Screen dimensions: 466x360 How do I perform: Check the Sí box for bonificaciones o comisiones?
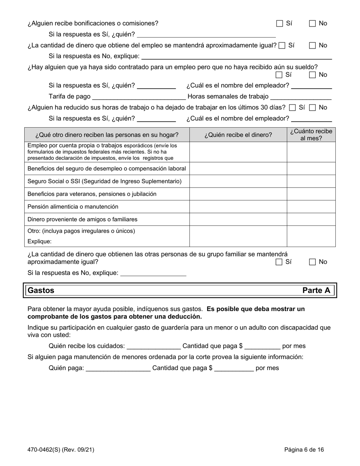(279, 23)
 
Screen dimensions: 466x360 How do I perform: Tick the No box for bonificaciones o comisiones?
(313, 23)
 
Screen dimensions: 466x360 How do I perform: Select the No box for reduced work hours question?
(313, 108)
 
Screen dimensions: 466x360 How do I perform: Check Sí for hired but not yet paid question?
(279, 75)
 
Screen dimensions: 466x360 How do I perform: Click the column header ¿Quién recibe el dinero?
(238, 135)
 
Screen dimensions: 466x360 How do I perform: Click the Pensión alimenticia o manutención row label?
(73, 207)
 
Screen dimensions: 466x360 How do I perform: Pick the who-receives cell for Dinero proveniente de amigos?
(238, 220)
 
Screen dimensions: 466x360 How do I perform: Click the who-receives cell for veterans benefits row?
(238, 194)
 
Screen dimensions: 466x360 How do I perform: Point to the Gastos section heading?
(41, 291)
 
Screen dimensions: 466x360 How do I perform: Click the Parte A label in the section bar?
(316, 291)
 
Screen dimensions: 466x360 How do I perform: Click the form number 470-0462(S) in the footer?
(61, 450)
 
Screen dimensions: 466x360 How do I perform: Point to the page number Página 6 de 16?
(304, 450)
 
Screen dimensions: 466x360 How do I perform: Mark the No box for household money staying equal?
(313, 262)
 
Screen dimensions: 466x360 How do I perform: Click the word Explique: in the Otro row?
(39, 241)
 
